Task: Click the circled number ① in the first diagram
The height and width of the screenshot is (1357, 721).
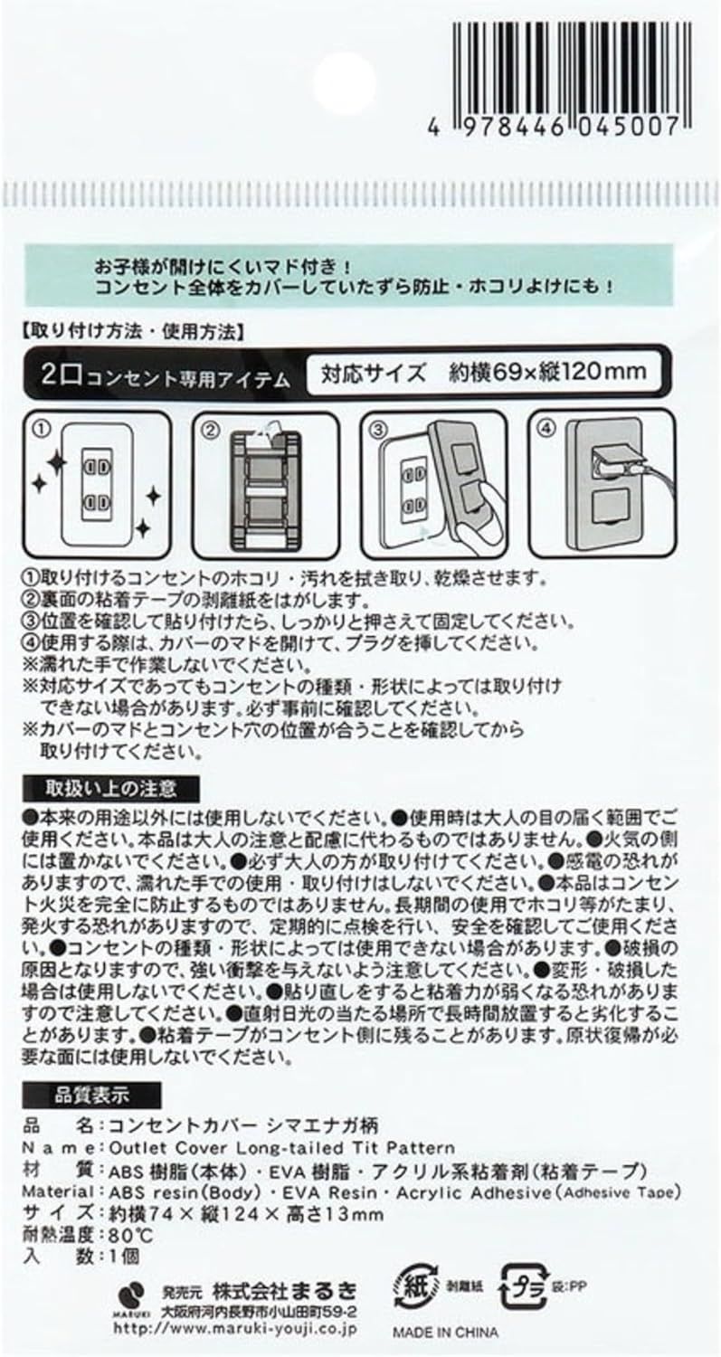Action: tap(42, 429)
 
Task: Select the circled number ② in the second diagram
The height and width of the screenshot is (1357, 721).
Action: tap(208, 430)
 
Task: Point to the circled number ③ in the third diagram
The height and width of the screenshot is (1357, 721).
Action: tap(377, 430)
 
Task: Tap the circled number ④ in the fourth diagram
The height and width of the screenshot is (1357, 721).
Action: tap(545, 428)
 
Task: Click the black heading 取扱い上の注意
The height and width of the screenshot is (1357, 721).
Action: tap(111, 788)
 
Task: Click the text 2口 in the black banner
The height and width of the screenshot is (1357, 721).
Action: tap(62, 375)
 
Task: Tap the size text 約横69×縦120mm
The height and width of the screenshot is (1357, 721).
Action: tap(547, 371)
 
